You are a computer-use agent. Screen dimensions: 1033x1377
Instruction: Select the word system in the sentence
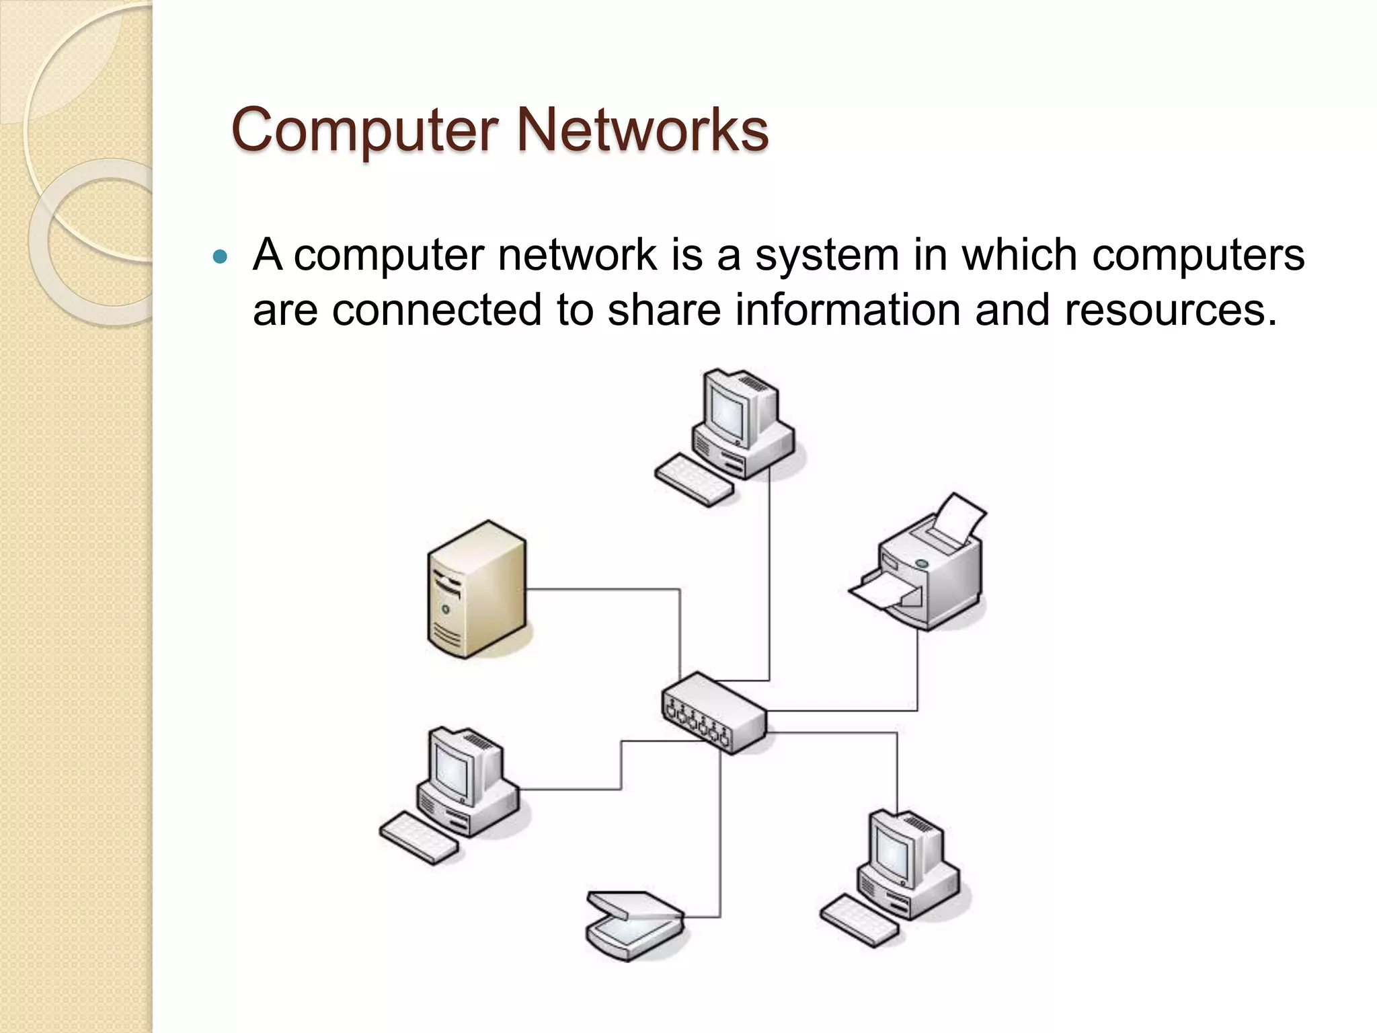click(x=826, y=256)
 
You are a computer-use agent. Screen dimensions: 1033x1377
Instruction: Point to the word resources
click(x=1170, y=310)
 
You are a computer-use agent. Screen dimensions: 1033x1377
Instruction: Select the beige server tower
click(x=477, y=589)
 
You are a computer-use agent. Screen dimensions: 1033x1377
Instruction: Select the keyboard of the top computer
click(x=695, y=480)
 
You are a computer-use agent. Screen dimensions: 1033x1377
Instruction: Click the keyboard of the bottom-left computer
click(x=418, y=838)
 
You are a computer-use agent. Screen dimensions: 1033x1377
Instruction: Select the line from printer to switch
click(x=917, y=673)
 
